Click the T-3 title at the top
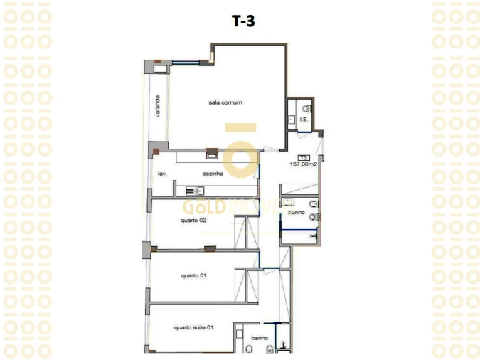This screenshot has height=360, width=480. point(243,21)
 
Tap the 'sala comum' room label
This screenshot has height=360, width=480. point(225,102)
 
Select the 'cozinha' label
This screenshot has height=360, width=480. point(213,174)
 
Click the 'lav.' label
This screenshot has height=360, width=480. point(161,174)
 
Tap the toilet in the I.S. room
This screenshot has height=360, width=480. point(306,109)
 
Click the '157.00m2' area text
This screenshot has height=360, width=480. point(303,164)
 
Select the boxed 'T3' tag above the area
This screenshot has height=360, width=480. point(303,157)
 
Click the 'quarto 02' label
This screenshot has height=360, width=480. point(193,220)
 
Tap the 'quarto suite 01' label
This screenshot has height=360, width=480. point(193,327)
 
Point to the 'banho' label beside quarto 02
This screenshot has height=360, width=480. point(297,212)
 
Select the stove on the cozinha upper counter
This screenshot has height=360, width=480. point(211,152)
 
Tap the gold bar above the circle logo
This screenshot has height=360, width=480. point(240,128)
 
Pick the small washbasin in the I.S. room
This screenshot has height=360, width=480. point(291,120)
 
